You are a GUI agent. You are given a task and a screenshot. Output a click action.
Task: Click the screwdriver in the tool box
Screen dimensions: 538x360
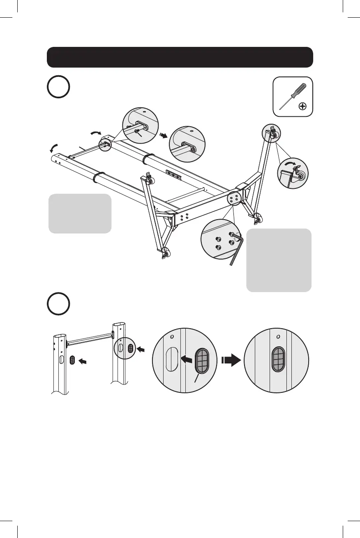[x=291, y=96]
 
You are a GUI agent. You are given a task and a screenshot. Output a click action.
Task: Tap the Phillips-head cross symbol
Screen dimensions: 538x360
[x=303, y=107]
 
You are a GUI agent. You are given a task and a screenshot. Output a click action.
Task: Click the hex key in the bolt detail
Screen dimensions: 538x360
[x=236, y=247]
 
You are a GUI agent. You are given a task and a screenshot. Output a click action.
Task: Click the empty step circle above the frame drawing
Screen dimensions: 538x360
[x=58, y=87]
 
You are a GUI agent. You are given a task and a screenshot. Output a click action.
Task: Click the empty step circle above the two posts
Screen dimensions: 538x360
[x=58, y=304]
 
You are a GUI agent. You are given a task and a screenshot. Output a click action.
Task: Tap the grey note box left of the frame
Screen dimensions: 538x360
[x=80, y=213]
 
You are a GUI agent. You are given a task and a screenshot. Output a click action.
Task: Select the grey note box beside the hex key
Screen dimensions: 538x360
[x=279, y=260]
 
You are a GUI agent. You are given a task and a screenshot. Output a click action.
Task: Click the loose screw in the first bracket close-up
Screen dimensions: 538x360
[x=137, y=130]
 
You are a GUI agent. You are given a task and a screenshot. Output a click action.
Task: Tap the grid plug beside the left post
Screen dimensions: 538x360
[x=73, y=360]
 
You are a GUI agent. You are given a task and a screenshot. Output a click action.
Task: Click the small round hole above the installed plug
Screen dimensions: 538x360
[x=278, y=336]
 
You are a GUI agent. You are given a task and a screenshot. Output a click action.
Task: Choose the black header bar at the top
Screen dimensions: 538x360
[x=180, y=57]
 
